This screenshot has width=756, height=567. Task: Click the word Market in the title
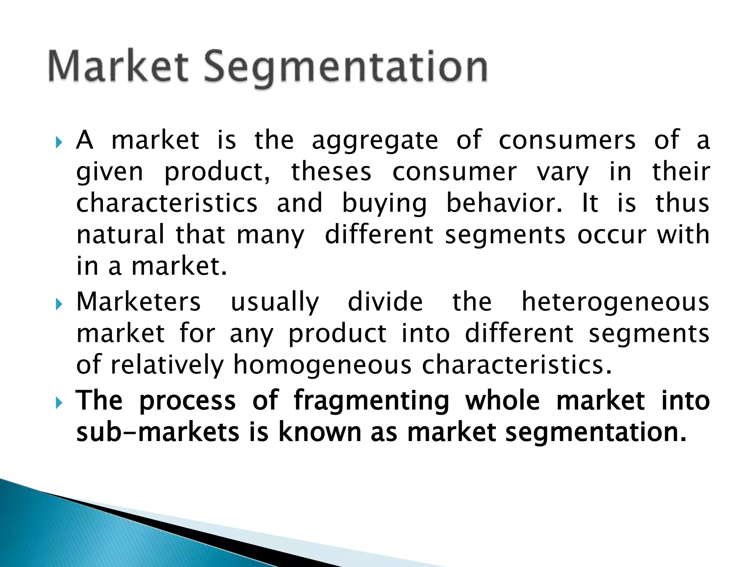[x=118, y=66]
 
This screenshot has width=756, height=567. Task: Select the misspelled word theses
[x=331, y=172]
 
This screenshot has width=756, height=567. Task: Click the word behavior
[x=504, y=203]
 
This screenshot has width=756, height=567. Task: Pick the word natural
[x=120, y=235]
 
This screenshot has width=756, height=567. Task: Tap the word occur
[x=611, y=235]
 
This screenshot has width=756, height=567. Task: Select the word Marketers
[x=138, y=302]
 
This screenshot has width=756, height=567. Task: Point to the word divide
[x=385, y=302]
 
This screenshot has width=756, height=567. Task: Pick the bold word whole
[x=502, y=401]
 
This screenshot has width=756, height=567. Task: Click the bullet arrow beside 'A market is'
[x=59, y=142]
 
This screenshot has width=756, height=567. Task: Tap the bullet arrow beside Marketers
[x=59, y=305]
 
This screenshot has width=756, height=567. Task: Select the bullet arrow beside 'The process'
[x=59, y=403]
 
